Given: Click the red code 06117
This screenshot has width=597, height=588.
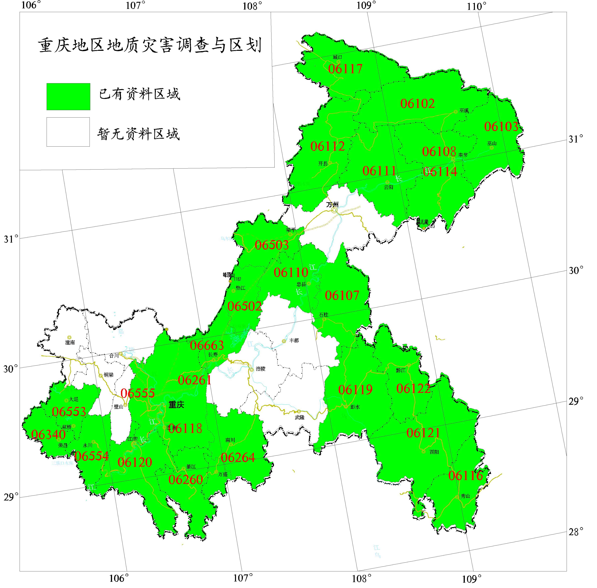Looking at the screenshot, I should coord(345,69).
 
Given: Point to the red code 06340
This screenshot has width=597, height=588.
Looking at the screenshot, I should coord(48,435).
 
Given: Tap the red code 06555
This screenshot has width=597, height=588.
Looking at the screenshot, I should coord(138,393).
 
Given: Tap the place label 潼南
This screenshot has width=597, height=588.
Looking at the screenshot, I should coord(70,343).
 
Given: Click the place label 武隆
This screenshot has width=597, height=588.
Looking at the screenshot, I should coord(299,417).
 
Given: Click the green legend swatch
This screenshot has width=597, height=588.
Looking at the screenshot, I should coord(68,96).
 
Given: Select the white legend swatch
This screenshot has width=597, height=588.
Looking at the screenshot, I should coord(68,132).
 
